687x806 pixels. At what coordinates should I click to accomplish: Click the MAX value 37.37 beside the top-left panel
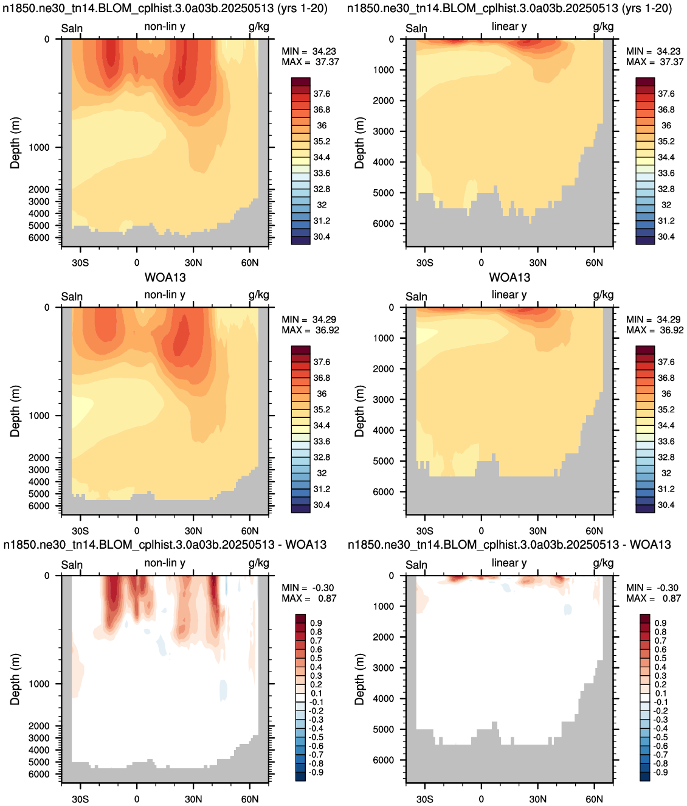tap(327, 62)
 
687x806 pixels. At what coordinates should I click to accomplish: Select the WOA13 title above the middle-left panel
tap(165, 277)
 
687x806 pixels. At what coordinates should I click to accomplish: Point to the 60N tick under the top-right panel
tap(594, 263)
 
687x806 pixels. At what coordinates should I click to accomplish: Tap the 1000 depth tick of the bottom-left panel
tap(39, 684)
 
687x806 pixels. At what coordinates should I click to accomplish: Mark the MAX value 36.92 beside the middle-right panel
tap(671, 330)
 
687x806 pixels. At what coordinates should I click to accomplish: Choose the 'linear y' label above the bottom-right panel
tap(509, 563)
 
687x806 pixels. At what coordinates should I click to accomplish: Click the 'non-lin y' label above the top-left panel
tap(164, 27)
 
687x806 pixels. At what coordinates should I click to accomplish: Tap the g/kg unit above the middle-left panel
tap(259, 295)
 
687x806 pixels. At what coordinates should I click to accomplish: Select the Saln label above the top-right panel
tap(416, 28)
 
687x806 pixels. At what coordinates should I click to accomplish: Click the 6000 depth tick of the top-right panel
tap(384, 223)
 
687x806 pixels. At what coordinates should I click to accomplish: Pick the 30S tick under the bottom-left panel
tap(80, 799)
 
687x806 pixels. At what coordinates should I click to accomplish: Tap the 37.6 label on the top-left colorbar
tap(322, 94)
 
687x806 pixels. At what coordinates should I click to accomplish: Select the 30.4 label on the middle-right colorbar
tap(666, 505)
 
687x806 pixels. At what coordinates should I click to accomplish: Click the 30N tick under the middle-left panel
tap(193, 531)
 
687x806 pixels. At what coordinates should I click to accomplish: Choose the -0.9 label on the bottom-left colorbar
tap(316, 773)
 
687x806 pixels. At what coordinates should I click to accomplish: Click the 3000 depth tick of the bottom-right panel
tap(384, 667)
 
